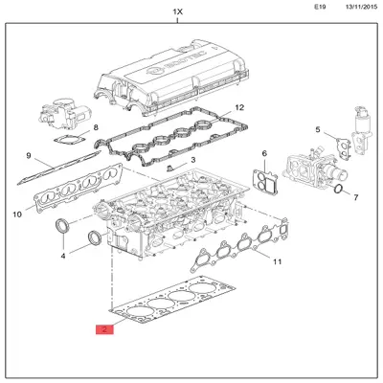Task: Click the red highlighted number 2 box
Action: [104, 329]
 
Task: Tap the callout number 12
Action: [239, 107]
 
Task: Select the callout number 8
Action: [96, 127]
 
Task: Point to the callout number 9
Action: [29, 156]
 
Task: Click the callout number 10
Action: [17, 214]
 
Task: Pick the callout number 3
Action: [193, 160]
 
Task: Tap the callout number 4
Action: [63, 256]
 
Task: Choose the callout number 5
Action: [318, 129]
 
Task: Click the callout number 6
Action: [264, 153]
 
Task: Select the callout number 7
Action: [355, 197]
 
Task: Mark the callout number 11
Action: [277, 261]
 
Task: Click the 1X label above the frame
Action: [177, 12]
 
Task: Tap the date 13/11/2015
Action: [361, 7]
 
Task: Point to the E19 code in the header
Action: [320, 7]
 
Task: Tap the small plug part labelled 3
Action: [170, 168]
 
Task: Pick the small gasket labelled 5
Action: [344, 147]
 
